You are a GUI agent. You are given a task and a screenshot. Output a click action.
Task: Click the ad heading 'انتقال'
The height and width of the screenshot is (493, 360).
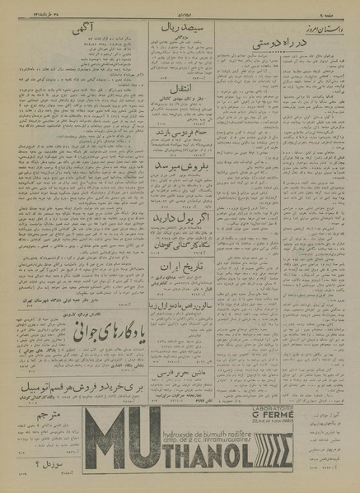point(175,107)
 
